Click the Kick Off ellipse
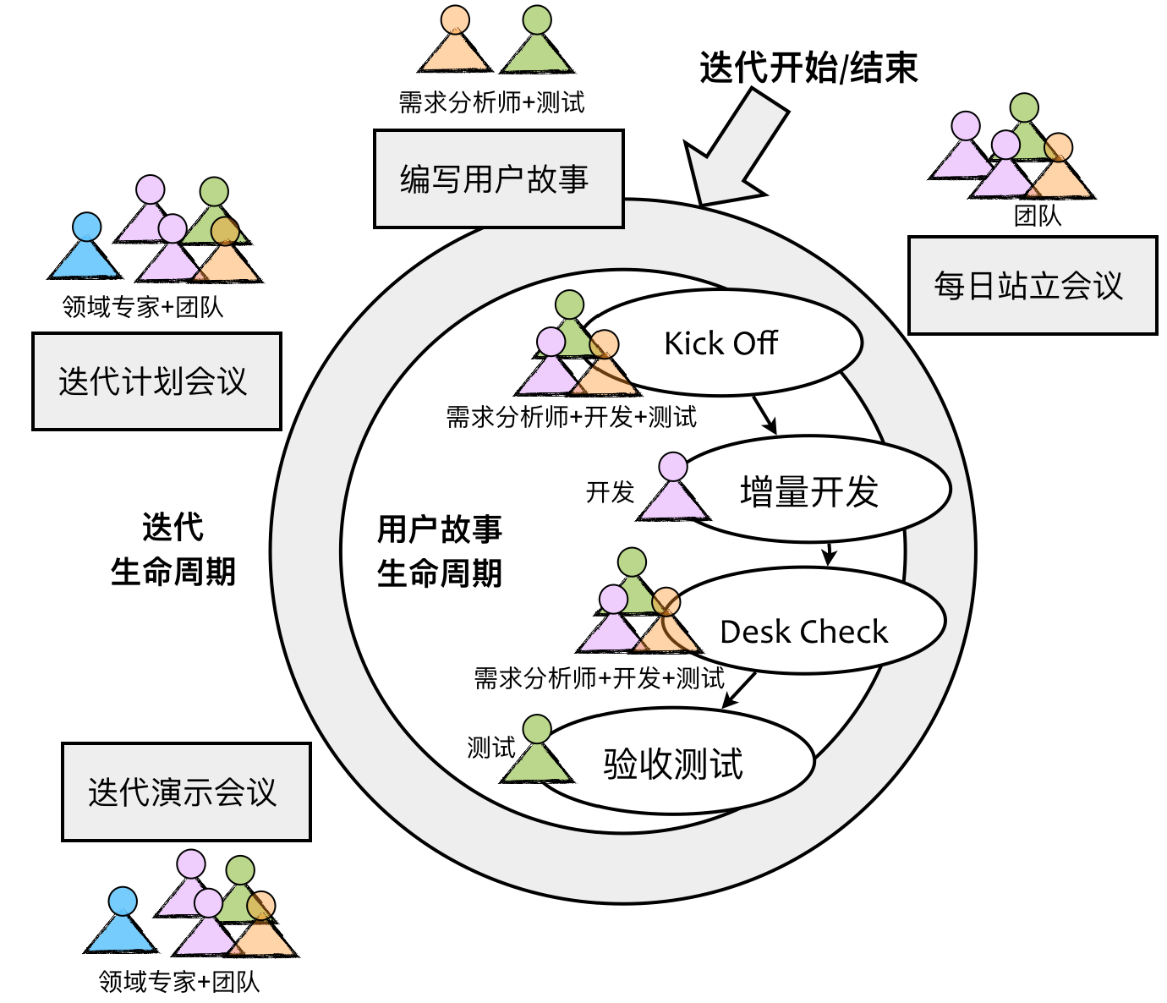[x=721, y=343]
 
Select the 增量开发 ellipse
[x=810, y=491]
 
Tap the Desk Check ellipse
[x=803, y=630]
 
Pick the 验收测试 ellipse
[x=674, y=763]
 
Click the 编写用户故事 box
[x=498, y=179]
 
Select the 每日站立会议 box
[x=1032, y=286]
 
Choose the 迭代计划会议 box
[x=156, y=381]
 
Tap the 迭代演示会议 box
[x=186, y=792]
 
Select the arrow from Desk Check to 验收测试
[x=739, y=689]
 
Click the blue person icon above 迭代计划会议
[x=85, y=249]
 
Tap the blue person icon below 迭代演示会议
[x=122, y=923]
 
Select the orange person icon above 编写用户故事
[x=455, y=41]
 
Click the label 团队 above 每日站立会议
[x=1038, y=216]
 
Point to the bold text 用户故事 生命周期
[x=439, y=551]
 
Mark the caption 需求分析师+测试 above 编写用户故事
[x=491, y=102]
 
